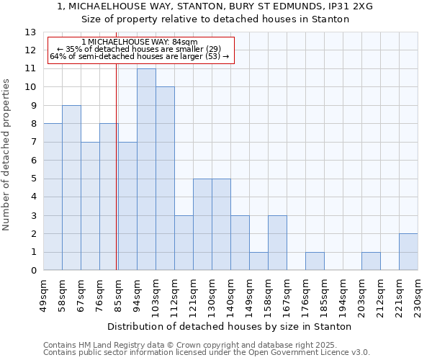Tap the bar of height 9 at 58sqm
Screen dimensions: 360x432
click(71, 188)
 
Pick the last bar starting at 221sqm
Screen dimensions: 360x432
click(408, 252)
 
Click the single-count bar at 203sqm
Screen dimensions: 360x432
click(371, 261)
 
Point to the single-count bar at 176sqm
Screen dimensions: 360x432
click(315, 261)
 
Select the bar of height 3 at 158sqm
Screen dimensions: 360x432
click(277, 243)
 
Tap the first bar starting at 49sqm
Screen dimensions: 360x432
click(53, 197)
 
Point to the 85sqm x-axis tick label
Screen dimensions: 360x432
click(118, 294)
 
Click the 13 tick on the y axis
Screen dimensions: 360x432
click(30, 32)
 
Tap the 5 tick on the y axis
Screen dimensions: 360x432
click(33, 179)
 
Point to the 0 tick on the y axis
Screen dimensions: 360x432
click(33, 271)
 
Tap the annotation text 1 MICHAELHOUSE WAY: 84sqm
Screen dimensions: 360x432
click(140, 42)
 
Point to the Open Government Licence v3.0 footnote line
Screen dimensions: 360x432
click(207, 353)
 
